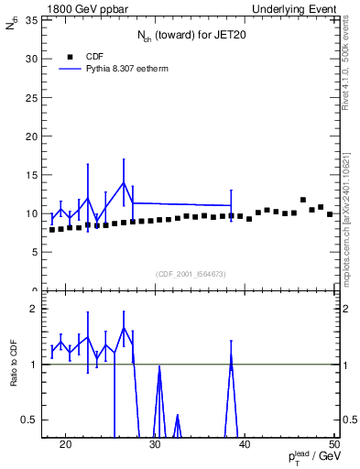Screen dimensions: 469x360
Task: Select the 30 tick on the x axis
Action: coord(155,445)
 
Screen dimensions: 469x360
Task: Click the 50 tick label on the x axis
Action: coord(334,445)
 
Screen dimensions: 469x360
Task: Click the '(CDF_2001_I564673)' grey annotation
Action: coord(191,274)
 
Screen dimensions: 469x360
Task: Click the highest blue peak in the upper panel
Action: coord(124,181)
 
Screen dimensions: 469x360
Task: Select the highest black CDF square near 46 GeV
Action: coord(303,200)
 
